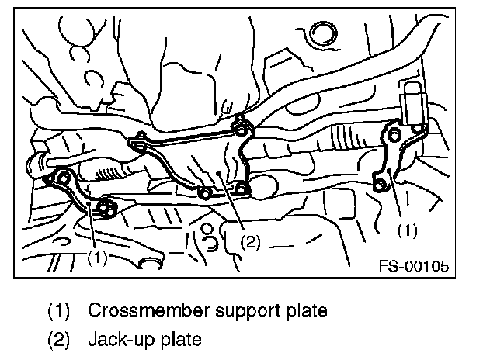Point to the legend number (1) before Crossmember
tap(60, 311)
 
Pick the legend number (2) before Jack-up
tap(60, 339)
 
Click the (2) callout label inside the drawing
tap(249, 242)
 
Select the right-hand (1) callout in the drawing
tap(407, 230)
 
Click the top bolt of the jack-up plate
tap(240, 120)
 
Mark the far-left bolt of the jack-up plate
tap(140, 142)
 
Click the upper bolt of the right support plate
tap(394, 137)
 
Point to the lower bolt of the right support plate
tap(380, 185)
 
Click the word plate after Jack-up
tap(181, 339)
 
